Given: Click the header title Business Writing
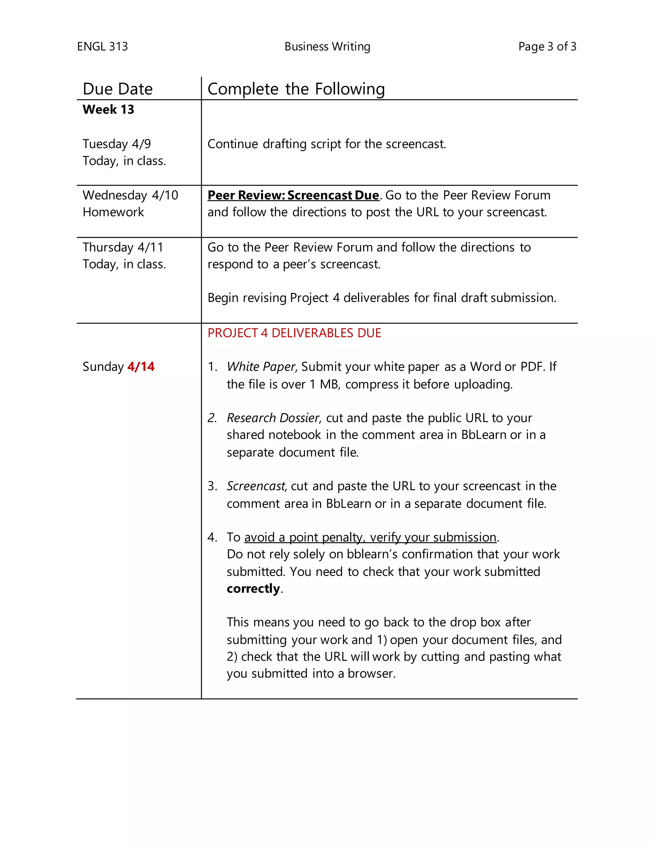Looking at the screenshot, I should point(327,47).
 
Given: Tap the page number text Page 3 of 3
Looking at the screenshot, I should point(547,47).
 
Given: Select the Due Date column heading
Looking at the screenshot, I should point(118,89).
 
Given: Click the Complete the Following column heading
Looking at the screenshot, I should point(296,89).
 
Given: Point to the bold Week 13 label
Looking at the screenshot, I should point(108,109).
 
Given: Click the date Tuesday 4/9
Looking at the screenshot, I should point(116,144).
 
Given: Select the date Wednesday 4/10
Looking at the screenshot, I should point(130,195).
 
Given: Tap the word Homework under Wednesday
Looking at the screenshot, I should point(113,212).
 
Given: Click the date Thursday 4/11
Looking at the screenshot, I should point(123,247).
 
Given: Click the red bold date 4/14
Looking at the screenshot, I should point(141,366).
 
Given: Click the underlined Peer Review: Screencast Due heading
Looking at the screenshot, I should point(293,195).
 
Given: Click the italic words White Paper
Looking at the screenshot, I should point(261,366).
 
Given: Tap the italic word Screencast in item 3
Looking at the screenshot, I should point(256,486).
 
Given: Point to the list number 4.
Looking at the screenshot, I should point(212,537).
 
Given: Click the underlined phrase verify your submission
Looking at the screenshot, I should point(433,537).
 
